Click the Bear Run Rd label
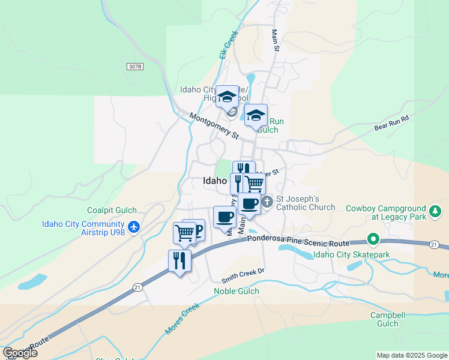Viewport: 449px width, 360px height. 391,123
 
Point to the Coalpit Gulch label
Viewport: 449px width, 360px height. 112,210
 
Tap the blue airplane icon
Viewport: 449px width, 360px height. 133,227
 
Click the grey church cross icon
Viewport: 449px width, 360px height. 267,200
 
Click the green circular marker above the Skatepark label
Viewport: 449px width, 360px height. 373,240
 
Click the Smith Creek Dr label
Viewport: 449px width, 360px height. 243,275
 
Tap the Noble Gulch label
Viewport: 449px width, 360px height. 237,292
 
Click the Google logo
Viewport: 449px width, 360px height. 20,353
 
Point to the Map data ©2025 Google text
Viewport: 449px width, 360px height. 411,355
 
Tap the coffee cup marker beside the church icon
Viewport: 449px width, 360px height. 249,204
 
